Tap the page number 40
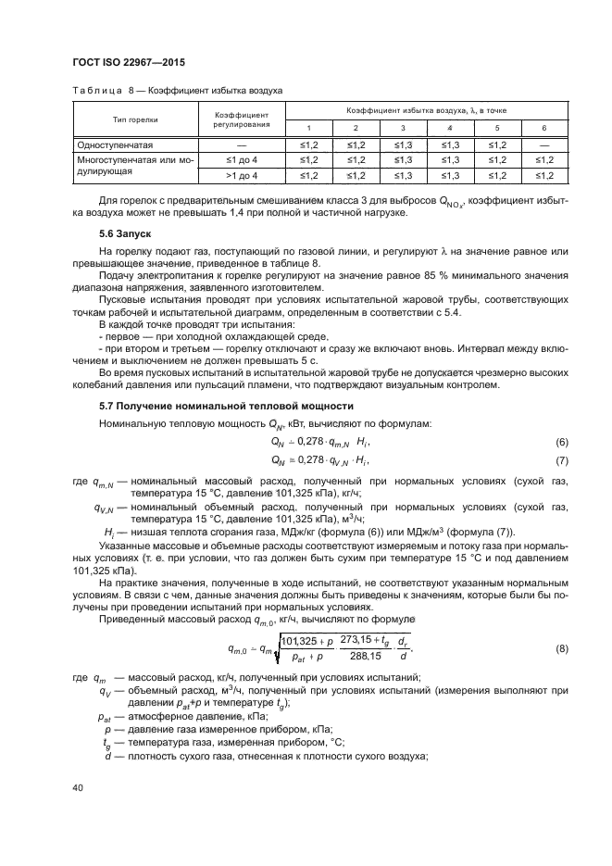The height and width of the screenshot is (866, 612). pos(77,787)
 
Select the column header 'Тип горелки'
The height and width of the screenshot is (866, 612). pos(135,119)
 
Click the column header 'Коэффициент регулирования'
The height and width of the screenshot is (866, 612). pos(242,119)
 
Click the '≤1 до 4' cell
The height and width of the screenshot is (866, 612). pos(242,160)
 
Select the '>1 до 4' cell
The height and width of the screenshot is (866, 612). pos(242,175)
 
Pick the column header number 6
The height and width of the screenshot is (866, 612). pos(543,128)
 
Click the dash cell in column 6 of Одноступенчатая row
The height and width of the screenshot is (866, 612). pos(543,145)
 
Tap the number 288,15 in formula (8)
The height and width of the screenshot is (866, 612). pos(359,657)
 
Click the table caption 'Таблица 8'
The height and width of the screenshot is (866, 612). pos(104,90)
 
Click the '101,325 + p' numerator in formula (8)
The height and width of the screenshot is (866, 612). pos(306,640)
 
